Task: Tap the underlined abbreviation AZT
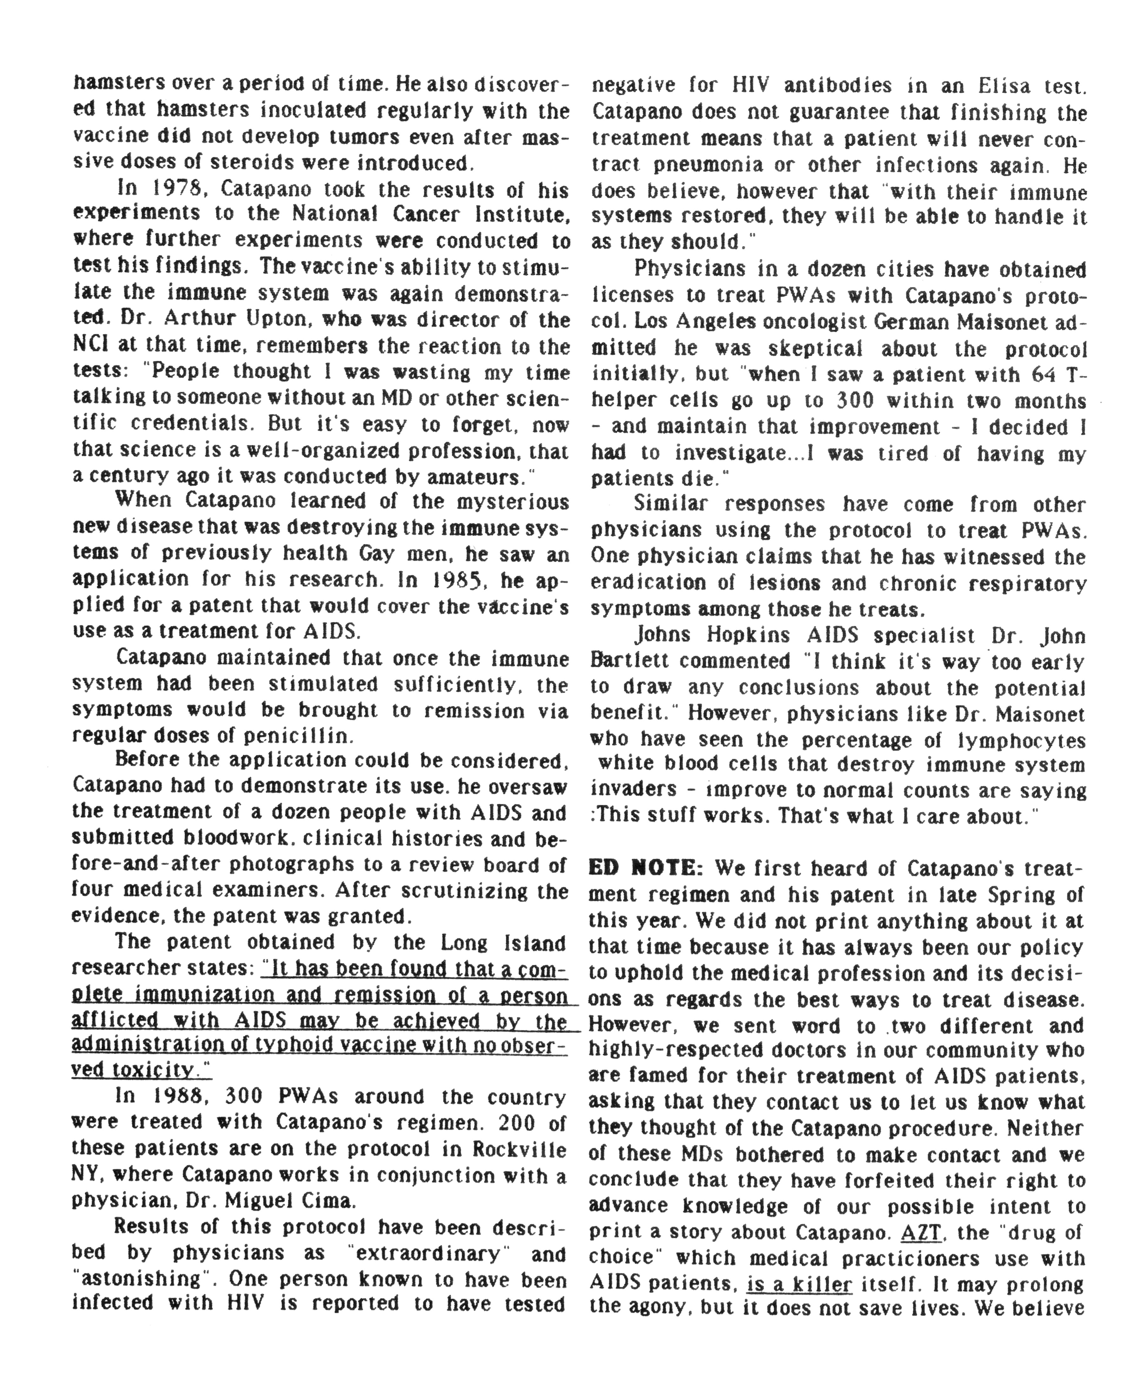(x=922, y=1232)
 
